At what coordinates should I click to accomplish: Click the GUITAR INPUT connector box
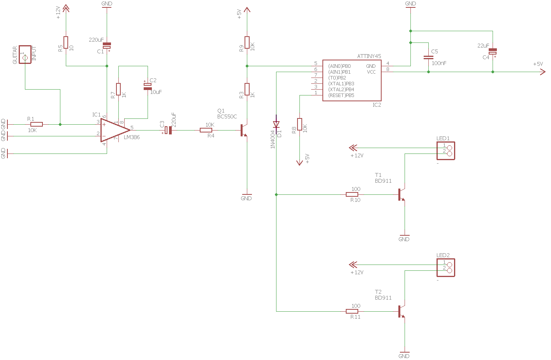tap(25, 55)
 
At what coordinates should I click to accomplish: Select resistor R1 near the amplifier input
tap(37, 125)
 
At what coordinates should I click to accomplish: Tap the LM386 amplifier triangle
tap(115, 130)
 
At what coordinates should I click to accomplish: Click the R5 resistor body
tap(66, 42)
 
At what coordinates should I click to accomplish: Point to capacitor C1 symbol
tap(107, 46)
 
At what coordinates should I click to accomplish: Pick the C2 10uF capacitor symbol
tap(148, 86)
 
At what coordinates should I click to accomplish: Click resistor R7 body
tap(118, 89)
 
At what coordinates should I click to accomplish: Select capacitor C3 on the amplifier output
tap(168, 130)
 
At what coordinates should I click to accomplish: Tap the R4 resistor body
tap(206, 130)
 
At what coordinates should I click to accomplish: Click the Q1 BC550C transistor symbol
tap(244, 130)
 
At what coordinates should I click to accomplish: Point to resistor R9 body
tap(247, 42)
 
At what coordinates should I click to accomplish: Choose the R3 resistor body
tap(247, 89)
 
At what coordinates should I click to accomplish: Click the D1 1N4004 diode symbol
tap(276, 124)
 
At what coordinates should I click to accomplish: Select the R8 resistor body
tap(299, 124)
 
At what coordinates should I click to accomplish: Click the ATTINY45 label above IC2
tap(369, 56)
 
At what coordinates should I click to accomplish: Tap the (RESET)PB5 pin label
tap(341, 95)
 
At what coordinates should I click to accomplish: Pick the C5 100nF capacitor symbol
tap(428, 57)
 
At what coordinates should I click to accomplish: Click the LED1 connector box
tap(446, 151)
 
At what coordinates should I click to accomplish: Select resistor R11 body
tap(352, 311)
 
